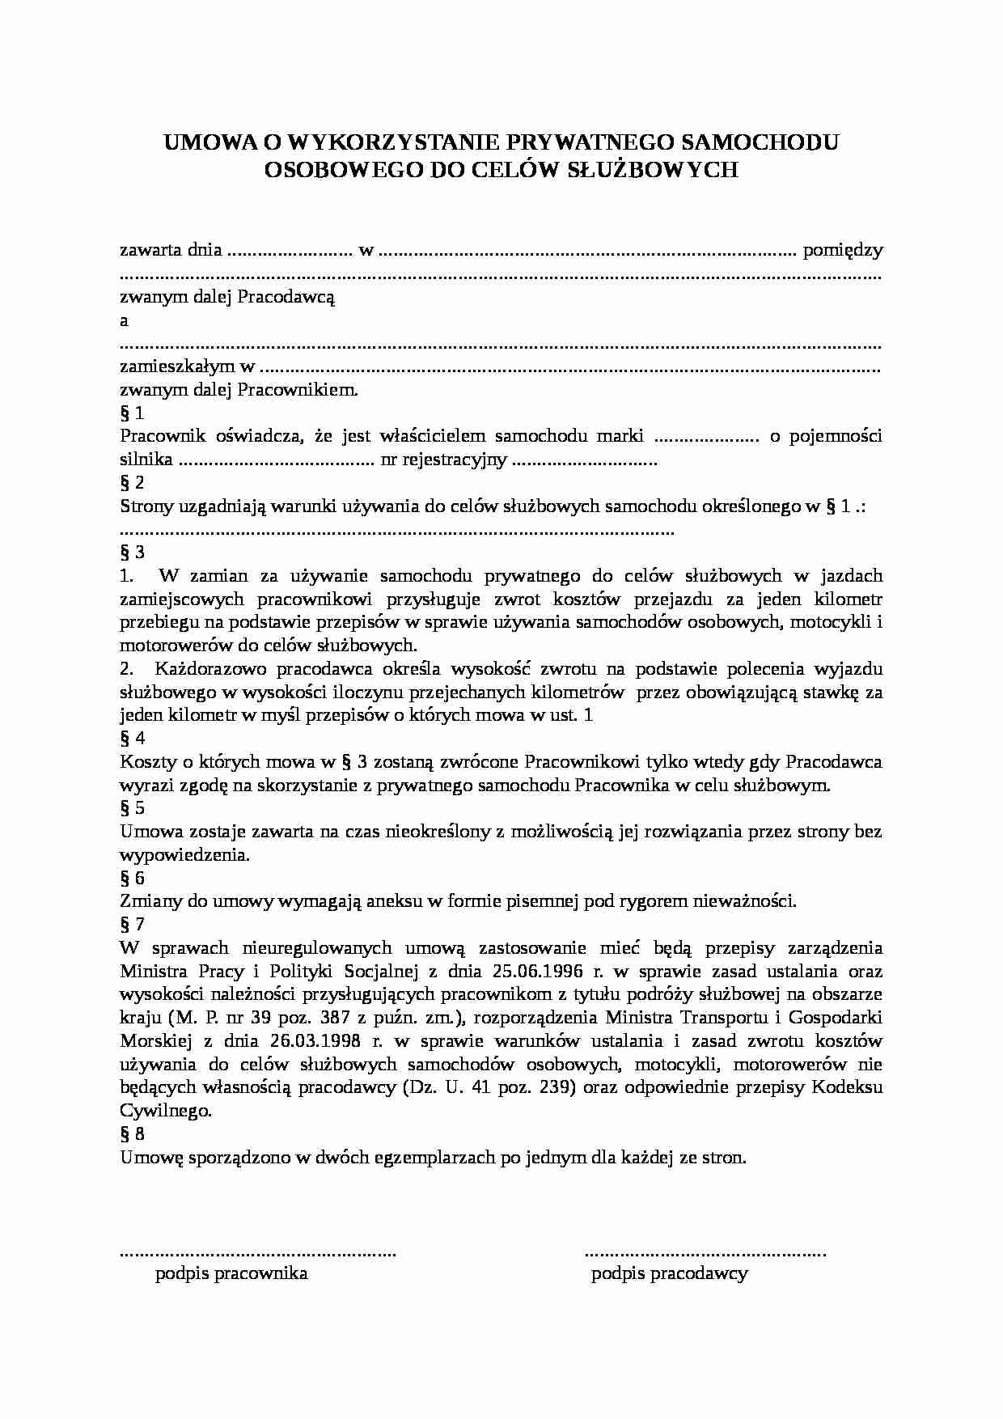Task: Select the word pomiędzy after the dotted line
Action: pos(842,250)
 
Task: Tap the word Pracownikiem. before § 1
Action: pos(297,390)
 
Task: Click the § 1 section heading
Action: pos(132,413)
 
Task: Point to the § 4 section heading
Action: pos(132,738)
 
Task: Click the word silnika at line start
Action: pos(146,460)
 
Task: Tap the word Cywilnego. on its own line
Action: pos(166,1111)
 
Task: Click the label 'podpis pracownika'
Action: pos(231,1273)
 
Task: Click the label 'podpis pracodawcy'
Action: pos(669,1273)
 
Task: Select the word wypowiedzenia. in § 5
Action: pos(184,854)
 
